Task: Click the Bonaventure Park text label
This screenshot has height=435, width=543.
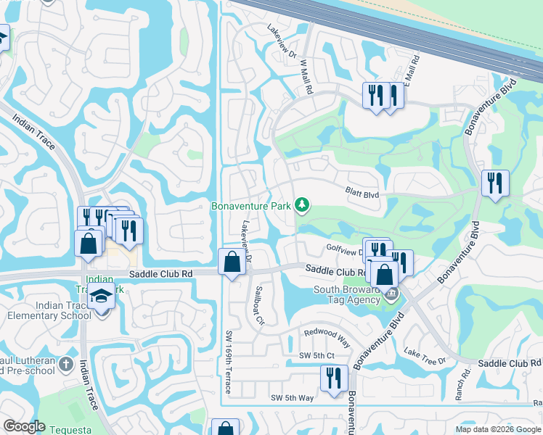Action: click(x=250, y=207)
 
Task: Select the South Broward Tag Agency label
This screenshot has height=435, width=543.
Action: click(x=348, y=295)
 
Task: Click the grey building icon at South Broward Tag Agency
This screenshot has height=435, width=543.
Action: click(x=391, y=294)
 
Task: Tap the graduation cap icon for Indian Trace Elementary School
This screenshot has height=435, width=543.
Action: click(x=100, y=298)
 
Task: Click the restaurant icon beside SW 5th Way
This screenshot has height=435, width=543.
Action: click(x=334, y=378)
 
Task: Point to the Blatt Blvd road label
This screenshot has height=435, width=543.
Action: click(x=362, y=194)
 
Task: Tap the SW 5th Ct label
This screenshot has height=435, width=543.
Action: click(x=317, y=355)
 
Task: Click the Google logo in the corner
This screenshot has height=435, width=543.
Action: click(x=24, y=426)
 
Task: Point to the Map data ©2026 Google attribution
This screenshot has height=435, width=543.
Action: click(x=497, y=429)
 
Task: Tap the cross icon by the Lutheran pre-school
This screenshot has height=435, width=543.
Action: click(x=66, y=363)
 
